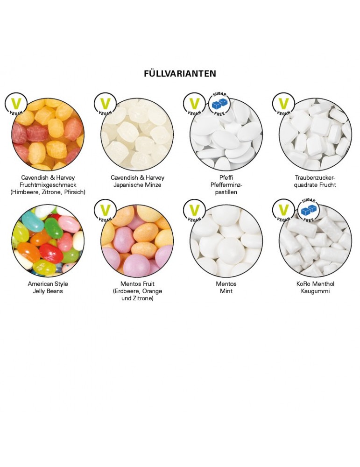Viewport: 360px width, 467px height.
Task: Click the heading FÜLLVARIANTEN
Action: (180, 74)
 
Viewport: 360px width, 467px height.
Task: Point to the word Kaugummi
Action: (315, 291)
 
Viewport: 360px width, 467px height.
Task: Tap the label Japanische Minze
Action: (137, 185)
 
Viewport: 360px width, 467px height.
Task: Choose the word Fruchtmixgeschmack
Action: (48, 185)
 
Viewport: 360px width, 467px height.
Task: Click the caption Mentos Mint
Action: (226, 288)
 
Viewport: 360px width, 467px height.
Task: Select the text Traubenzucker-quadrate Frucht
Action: (315, 181)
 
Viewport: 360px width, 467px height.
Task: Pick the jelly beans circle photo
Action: (48, 241)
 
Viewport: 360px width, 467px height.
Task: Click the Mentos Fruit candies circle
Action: (137, 241)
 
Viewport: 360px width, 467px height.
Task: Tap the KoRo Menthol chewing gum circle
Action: (315, 241)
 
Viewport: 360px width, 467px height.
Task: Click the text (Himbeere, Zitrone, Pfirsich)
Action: (48, 192)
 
